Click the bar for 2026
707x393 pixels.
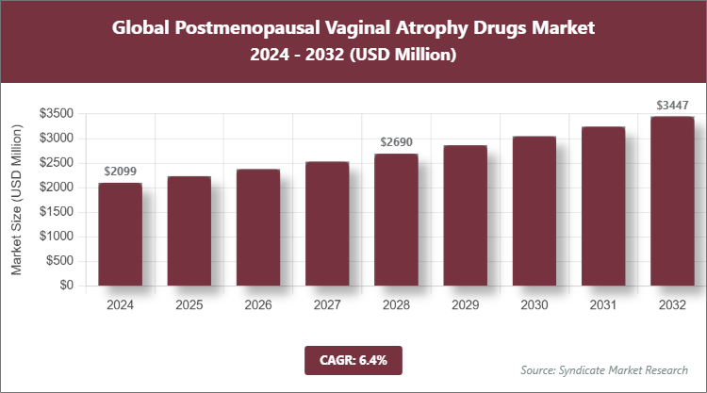(258, 227)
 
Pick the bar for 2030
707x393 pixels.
(534, 211)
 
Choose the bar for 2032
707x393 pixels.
(671, 201)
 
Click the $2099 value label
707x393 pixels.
(120, 172)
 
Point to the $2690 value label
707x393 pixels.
(396, 142)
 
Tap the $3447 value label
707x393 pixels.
(671, 105)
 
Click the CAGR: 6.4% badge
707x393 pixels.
(353, 360)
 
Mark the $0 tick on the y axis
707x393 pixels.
(66, 286)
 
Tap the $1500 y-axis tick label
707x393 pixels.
(58, 212)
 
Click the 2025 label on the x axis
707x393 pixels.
(189, 304)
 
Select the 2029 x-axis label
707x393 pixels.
(465, 304)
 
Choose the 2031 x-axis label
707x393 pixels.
(602, 304)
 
